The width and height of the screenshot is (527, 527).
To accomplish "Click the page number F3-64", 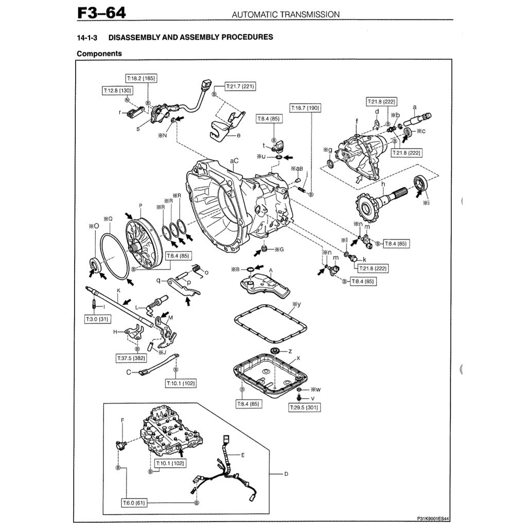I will point(101,12).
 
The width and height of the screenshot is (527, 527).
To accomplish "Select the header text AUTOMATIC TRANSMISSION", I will point(286,14).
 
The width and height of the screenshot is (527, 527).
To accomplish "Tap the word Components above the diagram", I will point(99,53).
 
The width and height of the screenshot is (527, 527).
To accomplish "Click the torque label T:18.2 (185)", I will point(141,79).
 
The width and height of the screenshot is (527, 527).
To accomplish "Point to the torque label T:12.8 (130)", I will point(117,91).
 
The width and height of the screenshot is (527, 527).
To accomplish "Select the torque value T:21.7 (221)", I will point(241,86).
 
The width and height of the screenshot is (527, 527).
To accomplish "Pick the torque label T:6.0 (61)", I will point(134,502).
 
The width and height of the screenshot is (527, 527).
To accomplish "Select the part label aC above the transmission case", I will point(234,161).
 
